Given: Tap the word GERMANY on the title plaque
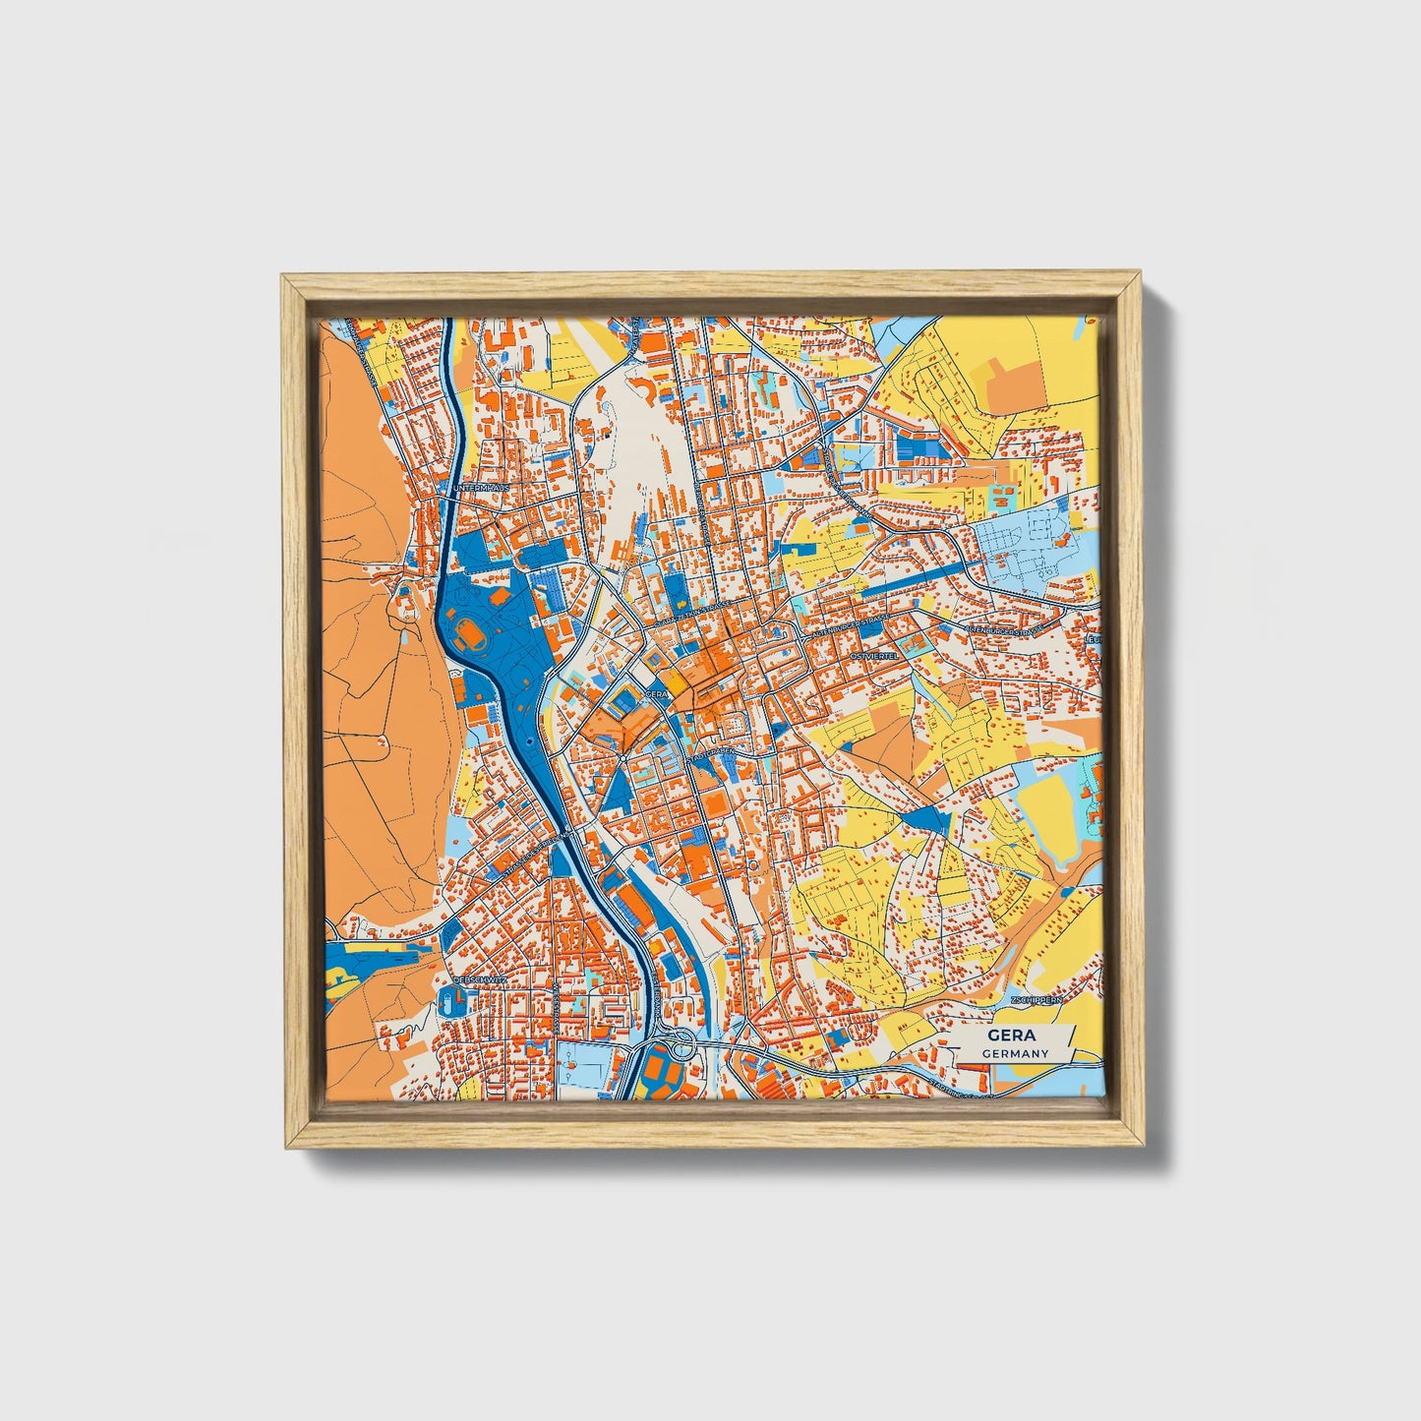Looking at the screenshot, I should tap(1014, 1053).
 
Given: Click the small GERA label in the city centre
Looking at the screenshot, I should tap(656, 693).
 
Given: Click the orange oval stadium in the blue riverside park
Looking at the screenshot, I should tap(467, 627).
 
